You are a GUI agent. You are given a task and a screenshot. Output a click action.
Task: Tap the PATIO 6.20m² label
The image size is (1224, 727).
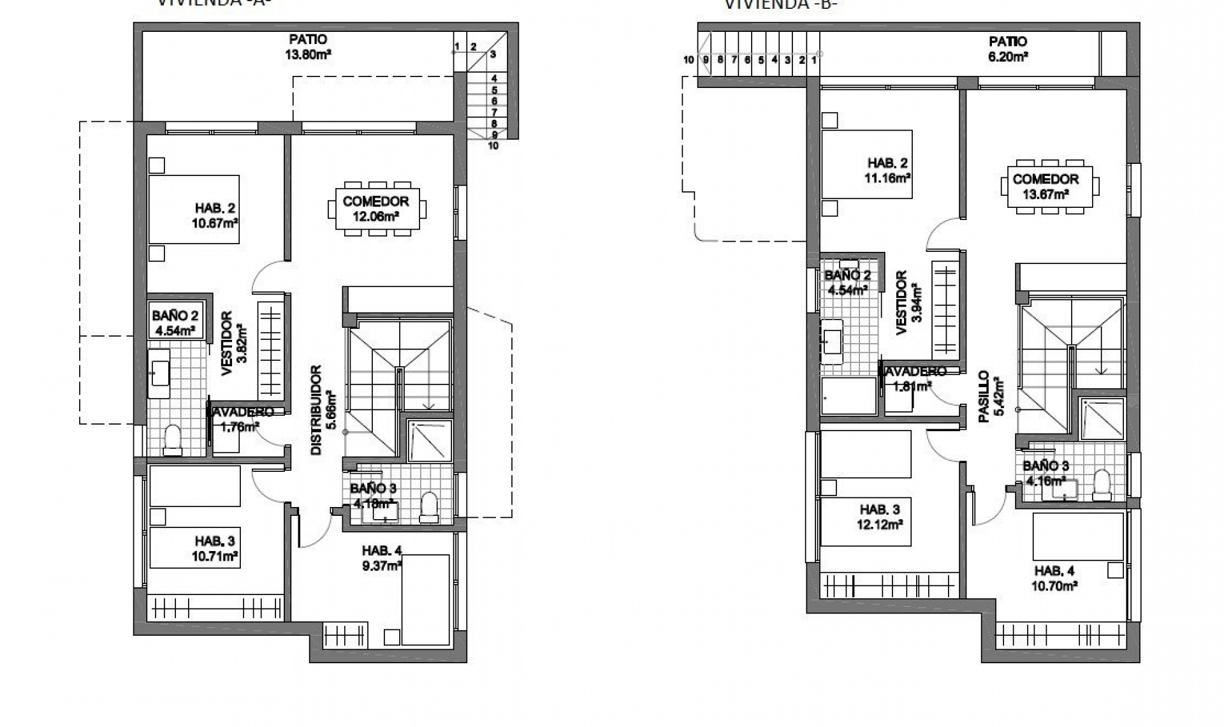[1008, 48]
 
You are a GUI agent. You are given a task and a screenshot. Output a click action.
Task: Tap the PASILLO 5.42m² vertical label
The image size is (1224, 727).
[991, 397]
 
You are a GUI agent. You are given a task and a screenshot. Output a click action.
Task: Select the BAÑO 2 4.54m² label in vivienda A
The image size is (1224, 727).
[175, 323]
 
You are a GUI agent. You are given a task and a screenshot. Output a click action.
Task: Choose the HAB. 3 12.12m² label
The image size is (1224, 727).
[880, 517]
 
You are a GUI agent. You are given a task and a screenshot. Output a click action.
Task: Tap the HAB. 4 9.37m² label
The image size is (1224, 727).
[381, 557]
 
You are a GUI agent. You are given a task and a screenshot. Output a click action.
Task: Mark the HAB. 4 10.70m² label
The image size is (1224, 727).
[1054, 578]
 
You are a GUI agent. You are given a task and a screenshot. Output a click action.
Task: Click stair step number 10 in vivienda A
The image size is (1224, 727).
[493, 145]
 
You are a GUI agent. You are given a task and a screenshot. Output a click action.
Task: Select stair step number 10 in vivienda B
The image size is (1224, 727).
[688, 60]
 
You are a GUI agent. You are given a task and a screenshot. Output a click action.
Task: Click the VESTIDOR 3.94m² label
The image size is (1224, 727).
[907, 302]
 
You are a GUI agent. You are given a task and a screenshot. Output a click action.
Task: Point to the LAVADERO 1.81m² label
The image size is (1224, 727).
[913, 379]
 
